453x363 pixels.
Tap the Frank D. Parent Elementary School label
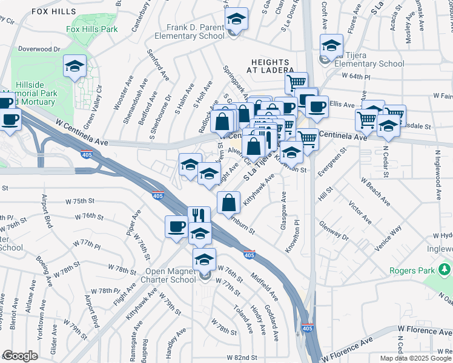190,31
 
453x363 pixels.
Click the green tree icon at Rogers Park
445,268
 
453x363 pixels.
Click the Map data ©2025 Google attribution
415,358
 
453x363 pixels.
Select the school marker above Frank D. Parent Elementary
237,19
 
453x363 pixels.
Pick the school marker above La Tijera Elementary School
331,46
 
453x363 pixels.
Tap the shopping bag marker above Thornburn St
228,203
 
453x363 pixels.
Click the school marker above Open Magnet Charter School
205,259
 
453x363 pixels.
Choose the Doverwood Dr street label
40,48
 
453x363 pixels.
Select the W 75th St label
81,200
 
